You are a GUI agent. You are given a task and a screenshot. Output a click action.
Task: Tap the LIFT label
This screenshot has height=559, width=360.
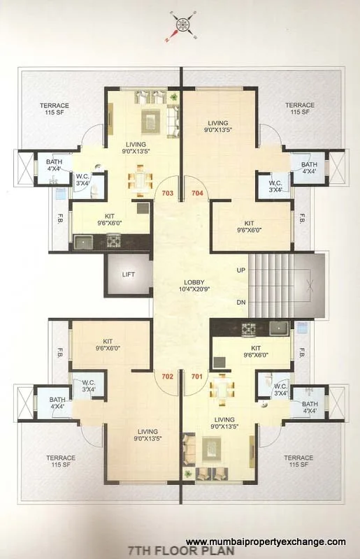(x=128, y=275)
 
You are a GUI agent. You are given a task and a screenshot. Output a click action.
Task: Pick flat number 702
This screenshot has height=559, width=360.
(x=167, y=376)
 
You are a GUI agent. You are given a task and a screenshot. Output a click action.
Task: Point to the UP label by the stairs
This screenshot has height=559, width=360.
(x=241, y=269)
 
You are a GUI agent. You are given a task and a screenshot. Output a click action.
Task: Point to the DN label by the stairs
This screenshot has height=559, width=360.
(x=241, y=303)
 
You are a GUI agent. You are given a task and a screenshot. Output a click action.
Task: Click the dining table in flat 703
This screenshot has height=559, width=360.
(x=141, y=180)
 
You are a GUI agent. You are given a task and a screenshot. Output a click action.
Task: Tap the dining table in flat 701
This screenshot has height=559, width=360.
(x=222, y=389)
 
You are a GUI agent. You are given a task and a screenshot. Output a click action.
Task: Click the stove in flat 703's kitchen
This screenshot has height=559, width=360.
(x=113, y=242)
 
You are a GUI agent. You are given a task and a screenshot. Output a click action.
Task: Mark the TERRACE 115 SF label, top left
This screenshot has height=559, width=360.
(x=54, y=108)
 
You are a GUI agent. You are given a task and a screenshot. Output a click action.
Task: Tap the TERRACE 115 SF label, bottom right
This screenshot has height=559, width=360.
(x=298, y=461)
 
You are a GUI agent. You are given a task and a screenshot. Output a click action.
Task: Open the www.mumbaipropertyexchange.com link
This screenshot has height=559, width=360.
(x=266, y=542)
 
